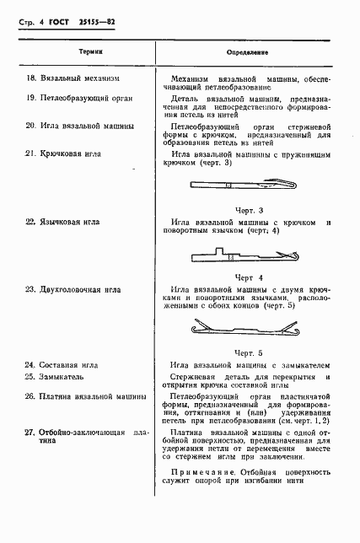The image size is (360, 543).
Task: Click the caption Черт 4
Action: coord(249,277)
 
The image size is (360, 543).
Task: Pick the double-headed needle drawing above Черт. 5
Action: coord(248,328)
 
